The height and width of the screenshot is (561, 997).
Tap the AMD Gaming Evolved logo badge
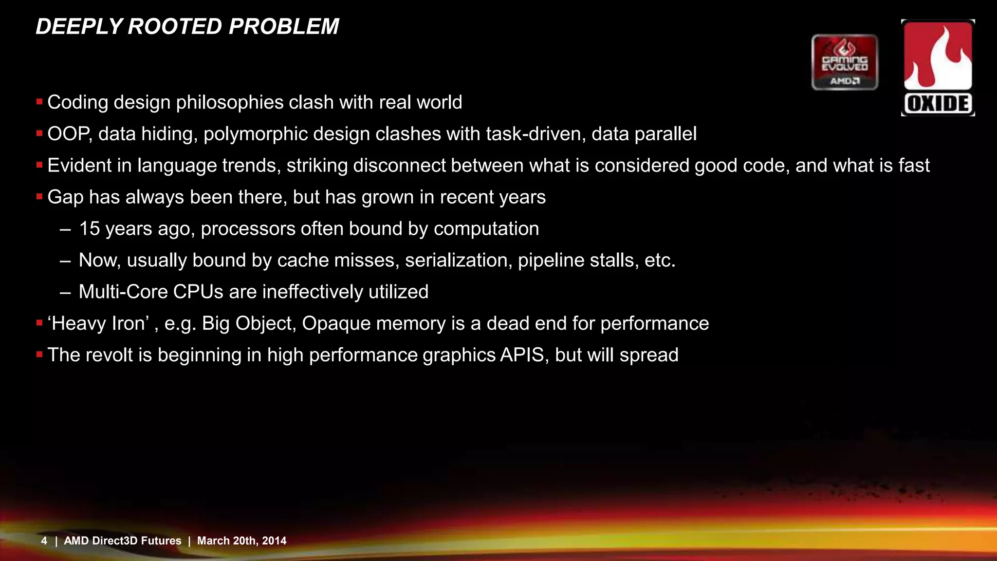click(845, 62)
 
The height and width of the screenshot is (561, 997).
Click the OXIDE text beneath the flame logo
click(938, 104)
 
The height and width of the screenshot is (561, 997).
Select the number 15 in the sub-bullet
click(89, 229)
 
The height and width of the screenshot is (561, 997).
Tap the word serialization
click(458, 261)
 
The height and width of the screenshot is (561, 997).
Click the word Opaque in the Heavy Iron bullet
click(331, 324)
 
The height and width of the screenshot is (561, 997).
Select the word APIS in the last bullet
click(522, 355)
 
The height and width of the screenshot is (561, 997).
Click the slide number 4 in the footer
click(44, 541)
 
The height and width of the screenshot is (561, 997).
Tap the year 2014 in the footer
click(274, 541)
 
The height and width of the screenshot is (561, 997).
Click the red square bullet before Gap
click(39, 197)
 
